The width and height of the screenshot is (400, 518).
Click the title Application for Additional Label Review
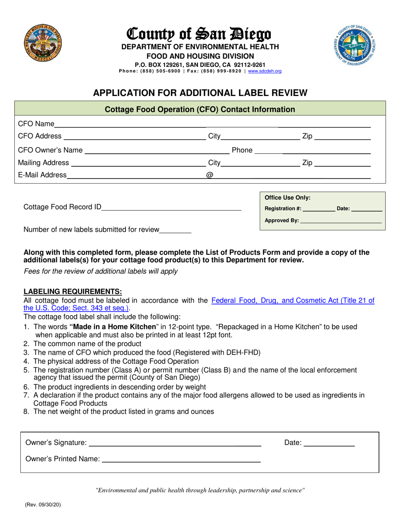tap(200, 93)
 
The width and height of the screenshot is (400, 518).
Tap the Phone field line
tap(312, 151)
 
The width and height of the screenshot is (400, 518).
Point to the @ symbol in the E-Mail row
tap(209, 175)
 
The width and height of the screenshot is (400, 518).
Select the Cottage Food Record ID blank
tap(171, 208)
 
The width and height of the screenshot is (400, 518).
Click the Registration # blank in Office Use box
tap(319, 209)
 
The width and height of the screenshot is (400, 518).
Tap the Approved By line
tap(341, 221)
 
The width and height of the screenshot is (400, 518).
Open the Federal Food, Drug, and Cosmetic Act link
tap(293, 301)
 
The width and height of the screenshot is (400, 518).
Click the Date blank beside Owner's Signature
tap(329, 443)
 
